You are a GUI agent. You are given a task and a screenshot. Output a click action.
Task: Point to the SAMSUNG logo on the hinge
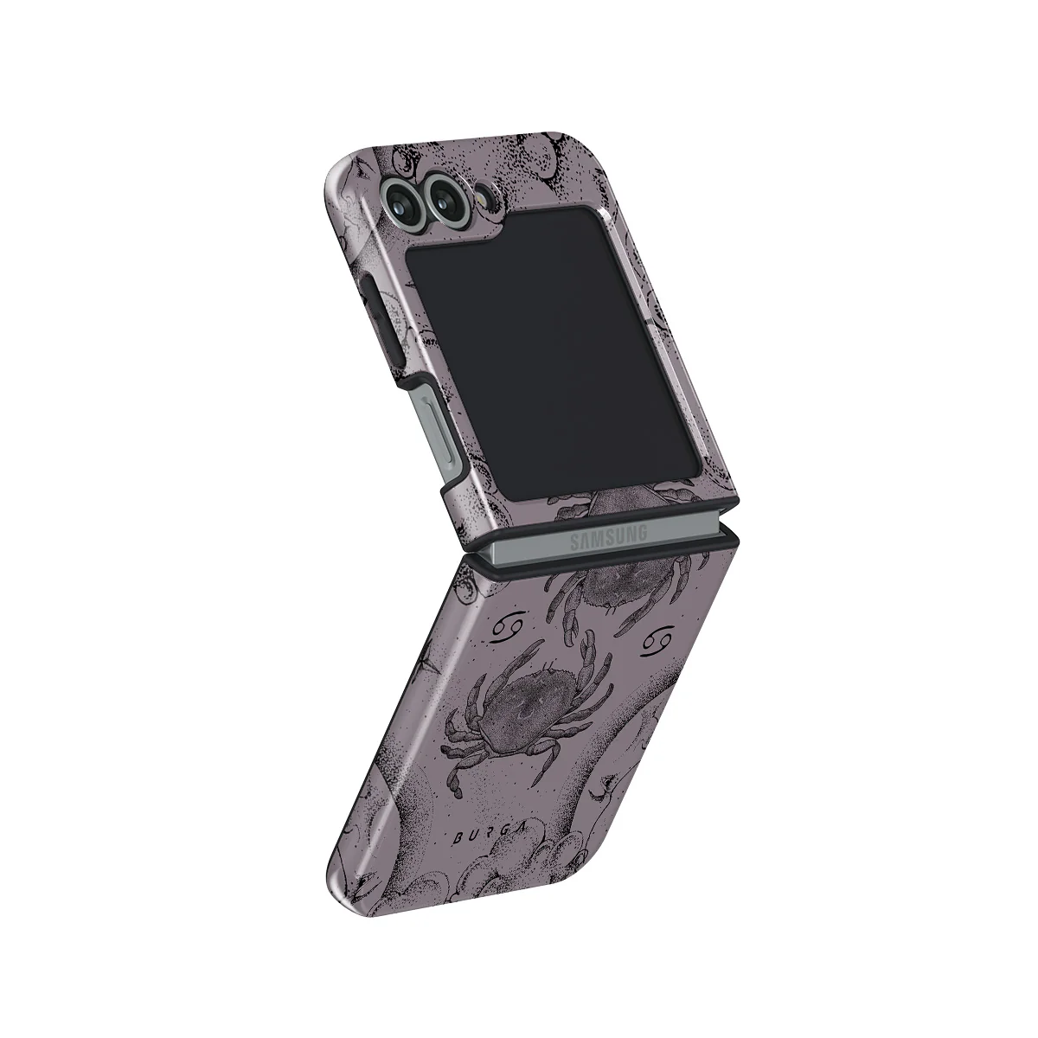click(x=607, y=539)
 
